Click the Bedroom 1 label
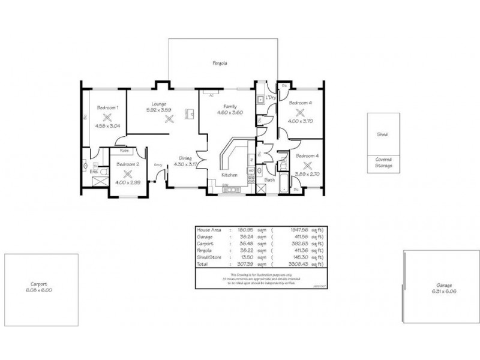point(108,107)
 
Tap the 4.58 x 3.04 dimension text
point(107,126)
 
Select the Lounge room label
point(159,103)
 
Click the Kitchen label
point(229,175)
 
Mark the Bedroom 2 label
point(127,164)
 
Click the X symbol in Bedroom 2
point(127,173)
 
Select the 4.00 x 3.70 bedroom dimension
point(300,121)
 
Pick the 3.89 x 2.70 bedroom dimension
point(307,173)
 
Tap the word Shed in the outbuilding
point(382,135)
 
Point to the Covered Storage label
point(383,163)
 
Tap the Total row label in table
point(203,263)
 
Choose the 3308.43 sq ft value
point(298,263)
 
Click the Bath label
point(269,179)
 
